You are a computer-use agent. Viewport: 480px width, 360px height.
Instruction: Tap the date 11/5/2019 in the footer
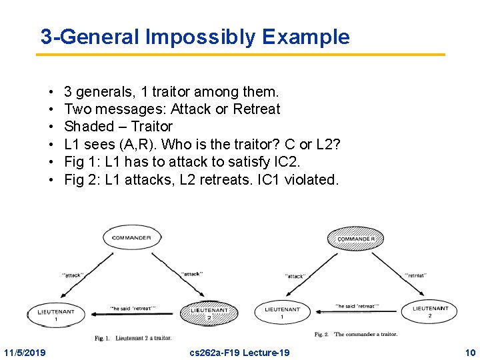(x=25, y=352)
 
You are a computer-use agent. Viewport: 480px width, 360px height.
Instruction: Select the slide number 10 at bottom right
(x=470, y=352)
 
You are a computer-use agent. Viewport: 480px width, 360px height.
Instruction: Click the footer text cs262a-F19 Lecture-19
(x=240, y=352)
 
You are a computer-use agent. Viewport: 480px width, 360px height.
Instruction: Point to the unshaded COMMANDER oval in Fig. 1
(x=131, y=238)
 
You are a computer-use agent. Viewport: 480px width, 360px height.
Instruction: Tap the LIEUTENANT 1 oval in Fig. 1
(x=56, y=315)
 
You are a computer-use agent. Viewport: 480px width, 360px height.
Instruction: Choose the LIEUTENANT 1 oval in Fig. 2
(x=282, y=312)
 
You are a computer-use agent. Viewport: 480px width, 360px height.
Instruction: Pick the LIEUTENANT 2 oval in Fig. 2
(x=430, y=311)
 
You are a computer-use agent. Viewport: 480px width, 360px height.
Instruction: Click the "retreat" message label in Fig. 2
(x=417, y=275)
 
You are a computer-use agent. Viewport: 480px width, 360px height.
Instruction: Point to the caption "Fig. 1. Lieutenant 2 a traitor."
(x=133, y=339)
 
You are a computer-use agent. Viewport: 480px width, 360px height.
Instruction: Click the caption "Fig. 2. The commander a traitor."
(x=355, y=334)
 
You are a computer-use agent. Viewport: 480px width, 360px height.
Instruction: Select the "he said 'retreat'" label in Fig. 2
(x=357, y=306)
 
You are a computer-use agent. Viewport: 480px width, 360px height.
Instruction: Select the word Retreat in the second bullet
(x=256, y=109)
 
